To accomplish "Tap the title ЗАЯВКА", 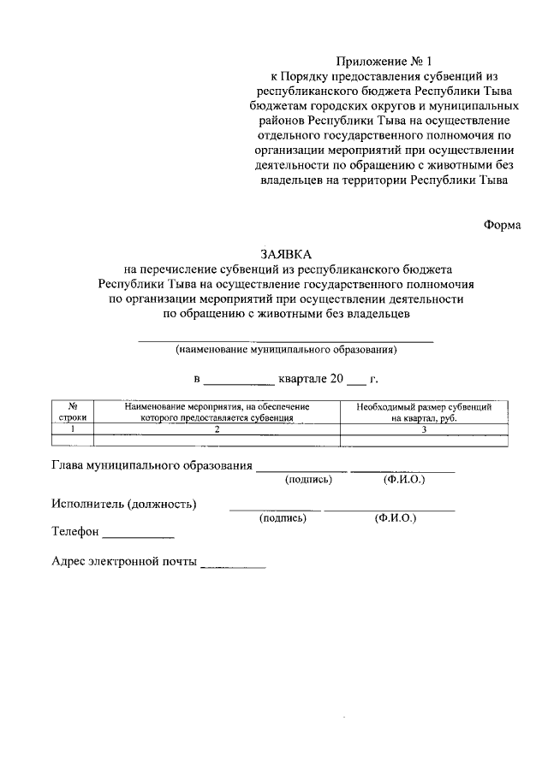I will click(287, 254).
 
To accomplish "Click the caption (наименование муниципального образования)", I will click(286, 350).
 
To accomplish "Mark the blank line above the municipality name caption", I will click(286, 341).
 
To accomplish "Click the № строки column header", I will click(74, 412).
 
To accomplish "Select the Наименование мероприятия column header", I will click(217, 412).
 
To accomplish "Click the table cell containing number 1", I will click(74, 429).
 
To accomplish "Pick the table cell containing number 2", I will click(217, 429).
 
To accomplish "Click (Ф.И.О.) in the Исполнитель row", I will click(395, 518).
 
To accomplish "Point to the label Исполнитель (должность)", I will click(123, 504).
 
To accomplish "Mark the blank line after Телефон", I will click(138, 536).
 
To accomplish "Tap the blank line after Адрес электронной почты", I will click(232, 566).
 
